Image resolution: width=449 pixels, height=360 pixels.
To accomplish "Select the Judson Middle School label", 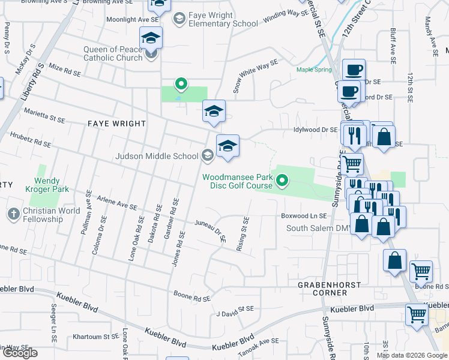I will pyautogui.click(x=157, y=156).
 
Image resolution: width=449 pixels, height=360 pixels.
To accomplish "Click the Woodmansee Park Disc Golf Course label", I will pyautogui.click(x=237, y=181).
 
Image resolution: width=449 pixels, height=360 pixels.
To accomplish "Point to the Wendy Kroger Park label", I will pyautogui.click(x=46, y=184).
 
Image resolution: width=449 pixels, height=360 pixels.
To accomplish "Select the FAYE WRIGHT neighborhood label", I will pyautogui.click(x=117, y=124).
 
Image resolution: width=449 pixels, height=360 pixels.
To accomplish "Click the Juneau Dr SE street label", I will pyautogui.click(x=211, y=230).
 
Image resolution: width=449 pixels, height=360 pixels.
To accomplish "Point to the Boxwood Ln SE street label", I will pyautogui.click(x=304, y=215).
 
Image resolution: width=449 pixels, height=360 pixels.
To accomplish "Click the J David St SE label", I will pyautogui.click(x=235, y=310).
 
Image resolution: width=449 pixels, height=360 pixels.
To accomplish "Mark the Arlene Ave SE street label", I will pyautogui.click(x=118, y=205).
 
